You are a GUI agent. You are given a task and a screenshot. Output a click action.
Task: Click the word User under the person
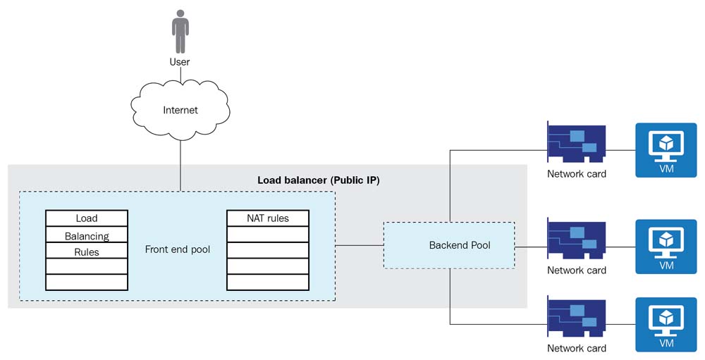click(x=180, y=62)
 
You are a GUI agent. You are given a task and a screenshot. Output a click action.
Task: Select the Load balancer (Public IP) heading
click(x=319, y=180)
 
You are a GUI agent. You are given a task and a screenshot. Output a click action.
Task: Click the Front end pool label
click(x=178, y=249)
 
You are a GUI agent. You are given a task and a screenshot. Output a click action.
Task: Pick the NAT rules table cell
click(x=268, y=218)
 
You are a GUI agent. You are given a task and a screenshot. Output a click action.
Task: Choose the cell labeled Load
click(x=87, y=218)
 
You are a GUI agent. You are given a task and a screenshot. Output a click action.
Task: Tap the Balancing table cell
click(x=87, y=235)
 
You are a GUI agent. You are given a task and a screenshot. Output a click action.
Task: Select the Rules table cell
click(x=87, y=252)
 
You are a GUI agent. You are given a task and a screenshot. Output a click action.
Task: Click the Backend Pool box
click(x=449, y=245)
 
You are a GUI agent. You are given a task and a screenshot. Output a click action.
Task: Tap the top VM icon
click(x=666, y=150)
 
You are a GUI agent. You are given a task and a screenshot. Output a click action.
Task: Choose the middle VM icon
click(x=666, y=247)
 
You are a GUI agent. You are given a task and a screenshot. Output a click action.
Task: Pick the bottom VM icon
click(x=666, y=324)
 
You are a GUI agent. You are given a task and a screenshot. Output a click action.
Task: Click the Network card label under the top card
click(x=577, y=174)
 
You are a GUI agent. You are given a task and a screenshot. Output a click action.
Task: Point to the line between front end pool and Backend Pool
click(x=359, y=245)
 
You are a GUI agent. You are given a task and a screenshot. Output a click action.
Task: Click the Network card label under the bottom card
click(x=577, y=348)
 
